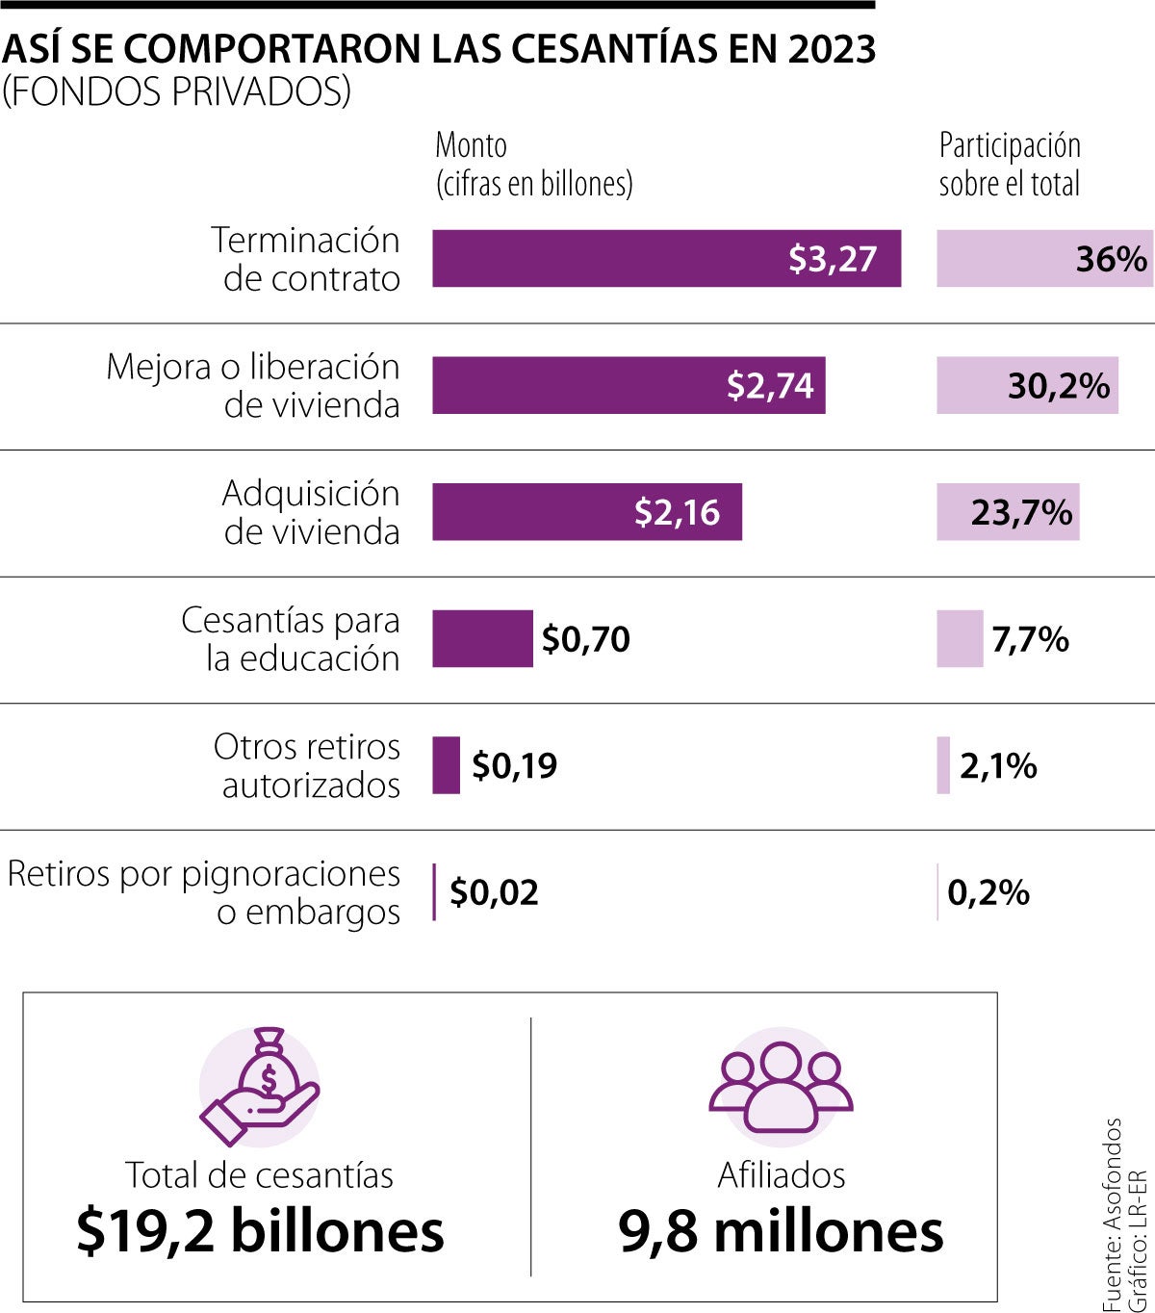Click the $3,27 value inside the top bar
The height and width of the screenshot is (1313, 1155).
(x=832, y=259)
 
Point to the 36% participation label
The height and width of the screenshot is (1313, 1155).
(x=1111, y=259)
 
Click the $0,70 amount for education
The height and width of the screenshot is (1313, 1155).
(x=585, y=639)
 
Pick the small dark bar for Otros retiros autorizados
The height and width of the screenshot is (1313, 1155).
(x=446, y=765)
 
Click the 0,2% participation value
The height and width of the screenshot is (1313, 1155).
(x=988, y=892)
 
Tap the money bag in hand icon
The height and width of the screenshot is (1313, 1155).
(x=259, y=1088)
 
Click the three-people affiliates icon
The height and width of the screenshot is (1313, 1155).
(x=781, y=1088)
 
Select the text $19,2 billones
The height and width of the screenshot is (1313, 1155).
(x=260, y=1231)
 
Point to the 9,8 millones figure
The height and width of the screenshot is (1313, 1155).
(x=781, y=1231)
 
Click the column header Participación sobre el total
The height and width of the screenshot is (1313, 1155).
(x=1010, y=165)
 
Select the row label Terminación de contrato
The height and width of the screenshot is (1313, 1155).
(x=306, y=259)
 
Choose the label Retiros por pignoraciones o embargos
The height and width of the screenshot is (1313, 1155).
(x=204, y=892)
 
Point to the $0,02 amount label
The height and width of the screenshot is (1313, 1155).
(x=494, y=892)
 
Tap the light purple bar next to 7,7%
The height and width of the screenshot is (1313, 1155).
(x=960, y=639)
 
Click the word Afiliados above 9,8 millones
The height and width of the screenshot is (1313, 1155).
(x=781, y=1175)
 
